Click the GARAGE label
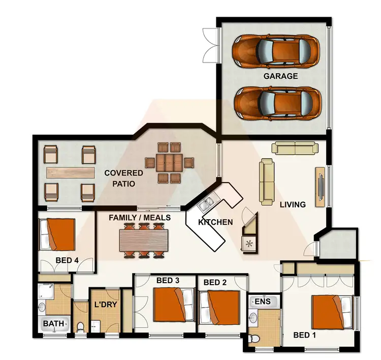280,76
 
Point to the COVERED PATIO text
123,178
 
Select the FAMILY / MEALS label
140,217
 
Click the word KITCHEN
215,222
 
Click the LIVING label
293,204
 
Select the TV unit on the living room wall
320,187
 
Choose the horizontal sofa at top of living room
296,147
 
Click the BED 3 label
168,280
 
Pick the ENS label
263,301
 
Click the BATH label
53,323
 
